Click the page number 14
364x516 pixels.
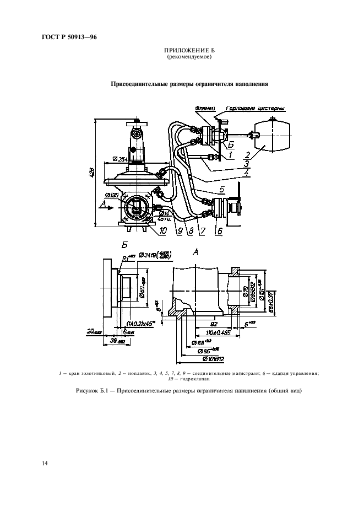pyautogui.click(x=45, y=463)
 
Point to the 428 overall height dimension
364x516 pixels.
pyautogui.click(x=92, y=172)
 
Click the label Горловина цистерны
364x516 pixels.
pyautogui.click(x=254, y=109)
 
